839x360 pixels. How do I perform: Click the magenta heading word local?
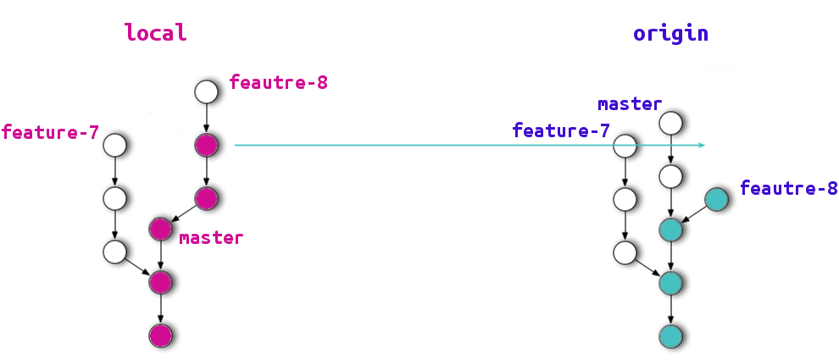(155, 33)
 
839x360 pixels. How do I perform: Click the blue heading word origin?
(670, 34)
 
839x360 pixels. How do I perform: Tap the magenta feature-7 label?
(50, 133)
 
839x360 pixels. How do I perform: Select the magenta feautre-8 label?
(278, 83)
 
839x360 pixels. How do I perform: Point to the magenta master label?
(211, 238)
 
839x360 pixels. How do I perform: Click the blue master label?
(629, 104)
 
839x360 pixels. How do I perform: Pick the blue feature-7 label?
(561, 131)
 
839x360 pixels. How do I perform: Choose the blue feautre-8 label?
(788, 188)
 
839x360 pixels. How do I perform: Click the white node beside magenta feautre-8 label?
(207, 91)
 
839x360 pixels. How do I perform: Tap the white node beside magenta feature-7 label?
(115, 145)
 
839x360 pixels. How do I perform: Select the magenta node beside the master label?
(160, 229)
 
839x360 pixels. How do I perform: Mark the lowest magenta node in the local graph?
(160, 335)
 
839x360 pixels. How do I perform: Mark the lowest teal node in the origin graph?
(670, 335)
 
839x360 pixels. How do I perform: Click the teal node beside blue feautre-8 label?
(716, 199)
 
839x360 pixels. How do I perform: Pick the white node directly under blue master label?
(670, 123)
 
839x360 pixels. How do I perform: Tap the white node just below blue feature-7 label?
(625, 146)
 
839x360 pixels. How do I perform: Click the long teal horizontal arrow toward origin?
(466, 145)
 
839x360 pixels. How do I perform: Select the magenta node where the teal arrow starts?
(207, 145)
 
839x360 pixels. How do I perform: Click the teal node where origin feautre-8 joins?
(670, 229)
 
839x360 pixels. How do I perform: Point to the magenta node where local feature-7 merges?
(160, 282)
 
